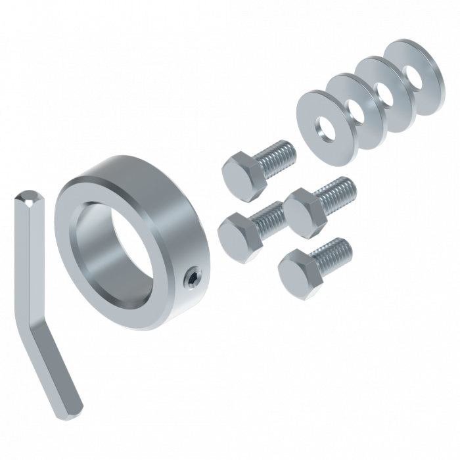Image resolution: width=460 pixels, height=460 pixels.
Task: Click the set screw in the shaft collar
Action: (x=191, y=279)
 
